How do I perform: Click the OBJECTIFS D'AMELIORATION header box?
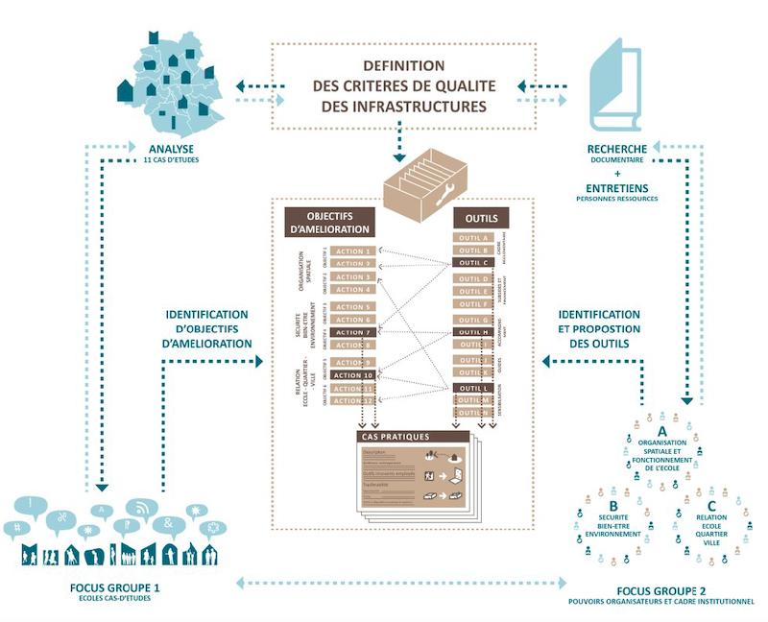point(326,223)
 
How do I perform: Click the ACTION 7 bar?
point(353,332)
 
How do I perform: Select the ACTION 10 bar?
point(353,375)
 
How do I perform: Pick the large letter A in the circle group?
point(661,431)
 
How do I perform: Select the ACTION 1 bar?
point(353,251)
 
